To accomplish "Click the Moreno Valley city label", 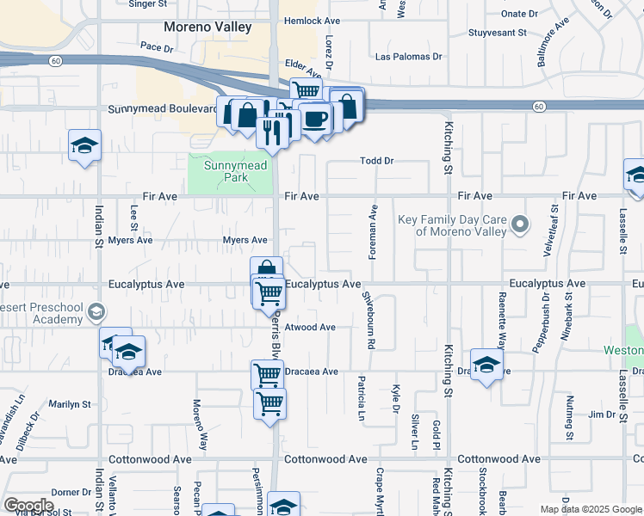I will point(210,28).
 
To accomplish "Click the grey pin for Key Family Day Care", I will point(519,225).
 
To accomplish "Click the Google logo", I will point(28,506).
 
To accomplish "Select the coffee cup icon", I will point(315,118).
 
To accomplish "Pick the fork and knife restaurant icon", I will point(273,132).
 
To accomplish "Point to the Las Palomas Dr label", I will point(409,57).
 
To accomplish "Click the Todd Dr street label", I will point(376,161).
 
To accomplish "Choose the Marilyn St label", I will point(70,403).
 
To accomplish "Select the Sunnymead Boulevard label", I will point(162,109).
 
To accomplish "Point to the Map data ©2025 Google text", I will point(590,509).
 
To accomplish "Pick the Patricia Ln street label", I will point(362,397).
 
